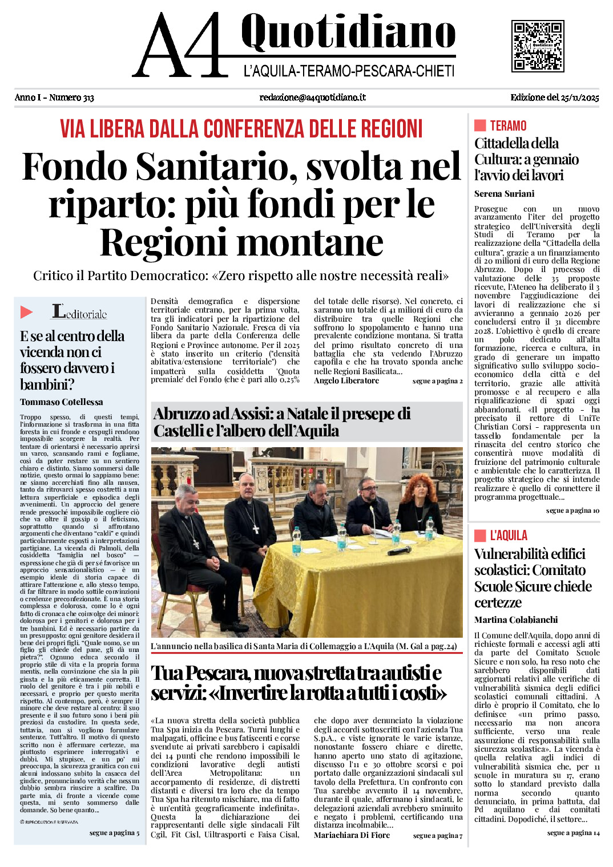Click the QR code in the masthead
click(537, 46)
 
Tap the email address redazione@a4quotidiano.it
click(312, 98)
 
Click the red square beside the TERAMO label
click(480, 125)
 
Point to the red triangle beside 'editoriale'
click(26, 312)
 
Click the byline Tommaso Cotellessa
click(62, 402)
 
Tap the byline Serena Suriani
click(504, 194)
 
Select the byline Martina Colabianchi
click(516, 620)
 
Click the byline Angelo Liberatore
click(346, 381)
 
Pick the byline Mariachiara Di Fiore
click(352, 835)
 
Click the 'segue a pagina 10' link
click(572, 511)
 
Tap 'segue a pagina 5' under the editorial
click(114, 833)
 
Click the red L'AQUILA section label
click(508, 536)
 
